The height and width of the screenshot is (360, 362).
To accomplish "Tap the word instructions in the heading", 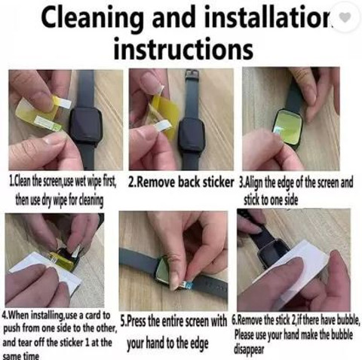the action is [x=183, y=48].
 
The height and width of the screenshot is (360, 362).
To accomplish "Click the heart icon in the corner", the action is [x=345, y=17].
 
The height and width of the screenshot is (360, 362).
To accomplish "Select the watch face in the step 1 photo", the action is [x=86, y=125].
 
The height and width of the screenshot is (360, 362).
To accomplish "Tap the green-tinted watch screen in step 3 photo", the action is [x=288, y=127].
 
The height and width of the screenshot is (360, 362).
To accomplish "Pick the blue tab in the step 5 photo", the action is [x=188, y=285].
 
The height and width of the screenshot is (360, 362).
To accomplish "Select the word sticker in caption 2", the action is [x=218, y=182].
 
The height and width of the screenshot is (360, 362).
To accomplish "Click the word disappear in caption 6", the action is [x=250, y=349].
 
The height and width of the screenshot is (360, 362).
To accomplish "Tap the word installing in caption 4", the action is [x=45, y=316].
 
